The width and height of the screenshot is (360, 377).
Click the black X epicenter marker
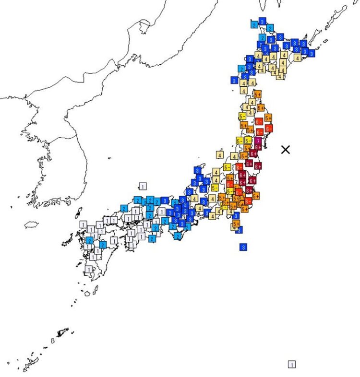pos(286,150)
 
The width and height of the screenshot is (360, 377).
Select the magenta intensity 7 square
pos(258,142)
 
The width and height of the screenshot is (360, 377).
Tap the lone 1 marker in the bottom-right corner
pos(291,364)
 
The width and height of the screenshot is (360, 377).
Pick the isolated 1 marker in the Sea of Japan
pos(142,186)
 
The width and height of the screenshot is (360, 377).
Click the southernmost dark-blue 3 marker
pos(243,247)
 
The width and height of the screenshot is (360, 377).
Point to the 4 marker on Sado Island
pos(219,155)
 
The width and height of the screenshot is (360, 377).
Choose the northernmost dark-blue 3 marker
pos(262,22)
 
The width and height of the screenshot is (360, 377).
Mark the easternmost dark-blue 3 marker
pos(312,53)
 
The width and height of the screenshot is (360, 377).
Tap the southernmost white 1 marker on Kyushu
pos(88,270)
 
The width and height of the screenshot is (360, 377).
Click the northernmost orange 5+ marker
pos(258,94)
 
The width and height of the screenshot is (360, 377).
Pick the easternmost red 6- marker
pos(268,128)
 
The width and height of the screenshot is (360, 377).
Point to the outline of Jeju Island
pos(31,224)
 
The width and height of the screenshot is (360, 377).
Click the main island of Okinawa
pos(62,332)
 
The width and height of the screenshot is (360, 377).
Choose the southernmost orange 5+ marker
pos(236,224)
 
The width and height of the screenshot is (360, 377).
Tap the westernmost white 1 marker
pos(84,224)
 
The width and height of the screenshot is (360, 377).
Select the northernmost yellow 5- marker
pos(242,116)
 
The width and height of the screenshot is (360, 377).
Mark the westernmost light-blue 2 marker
pos(89,240)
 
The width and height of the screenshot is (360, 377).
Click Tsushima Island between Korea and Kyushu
pos(78,212)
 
